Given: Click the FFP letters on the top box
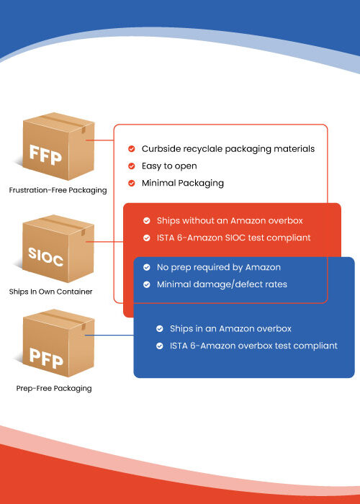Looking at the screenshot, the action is [45, 155].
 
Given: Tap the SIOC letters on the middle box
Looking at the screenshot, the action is [45, 257].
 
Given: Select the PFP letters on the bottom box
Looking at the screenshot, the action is [46, 358].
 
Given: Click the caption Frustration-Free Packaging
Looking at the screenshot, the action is [58, 190].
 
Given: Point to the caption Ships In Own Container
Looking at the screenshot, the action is [51, 292].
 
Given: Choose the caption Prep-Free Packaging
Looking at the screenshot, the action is [54, 388].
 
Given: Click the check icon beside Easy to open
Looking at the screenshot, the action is [131, 166].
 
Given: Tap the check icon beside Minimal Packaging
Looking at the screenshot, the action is [131, 183].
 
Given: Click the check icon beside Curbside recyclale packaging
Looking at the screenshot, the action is [131, 149].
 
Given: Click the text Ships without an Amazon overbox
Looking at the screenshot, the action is [230, 221].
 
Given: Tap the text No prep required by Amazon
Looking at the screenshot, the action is [219, 267].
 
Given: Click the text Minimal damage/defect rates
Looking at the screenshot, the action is [222, 284].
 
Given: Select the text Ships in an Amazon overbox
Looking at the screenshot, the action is [231, 329].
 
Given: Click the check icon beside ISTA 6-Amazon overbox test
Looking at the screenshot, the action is [159, 346].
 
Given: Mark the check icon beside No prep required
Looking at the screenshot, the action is [147, 267].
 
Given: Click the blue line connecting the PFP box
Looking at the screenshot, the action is [109, 336].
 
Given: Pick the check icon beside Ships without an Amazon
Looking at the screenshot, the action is [147, 221].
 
